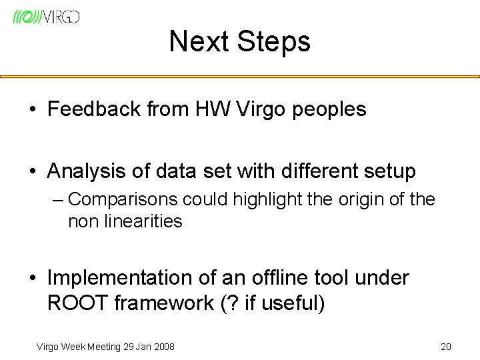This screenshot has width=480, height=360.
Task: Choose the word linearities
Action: (x=143, y=221)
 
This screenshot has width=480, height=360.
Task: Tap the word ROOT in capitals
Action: (x=78, y=303)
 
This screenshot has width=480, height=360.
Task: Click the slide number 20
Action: (x=446, y=347)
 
